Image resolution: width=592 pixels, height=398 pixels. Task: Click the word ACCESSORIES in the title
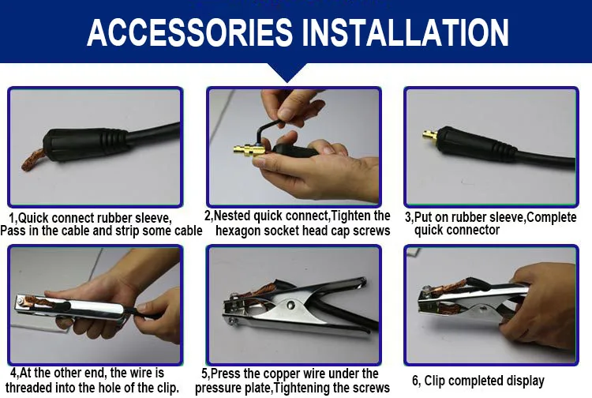point(190,32)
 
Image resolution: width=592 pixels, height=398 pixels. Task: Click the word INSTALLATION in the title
point(406,32)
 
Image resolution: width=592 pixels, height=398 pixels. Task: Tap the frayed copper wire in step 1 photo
point(33,160)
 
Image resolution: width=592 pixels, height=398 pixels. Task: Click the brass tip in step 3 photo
point(430,134)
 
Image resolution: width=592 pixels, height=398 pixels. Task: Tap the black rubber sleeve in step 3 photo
point(477,143)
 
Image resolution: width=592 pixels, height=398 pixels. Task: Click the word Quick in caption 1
point(33,218)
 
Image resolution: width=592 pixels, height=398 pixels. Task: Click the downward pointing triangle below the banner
point(287,72)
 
